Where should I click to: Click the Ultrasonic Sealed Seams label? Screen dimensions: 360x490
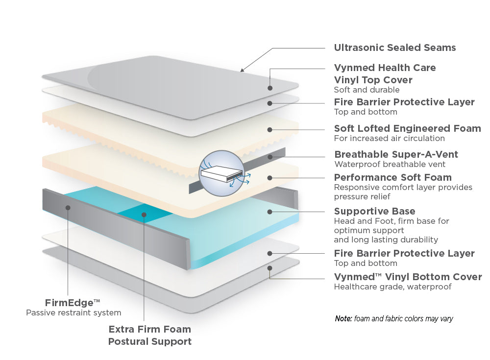click(394, 48)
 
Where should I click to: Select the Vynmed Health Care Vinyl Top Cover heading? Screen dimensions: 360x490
click(385, 73)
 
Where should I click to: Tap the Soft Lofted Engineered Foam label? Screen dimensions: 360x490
click(407, 128)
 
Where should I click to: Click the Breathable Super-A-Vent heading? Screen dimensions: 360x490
click(396, 154)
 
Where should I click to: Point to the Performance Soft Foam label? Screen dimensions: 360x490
click(392, 177)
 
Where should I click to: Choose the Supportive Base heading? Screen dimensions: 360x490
click(374, 211)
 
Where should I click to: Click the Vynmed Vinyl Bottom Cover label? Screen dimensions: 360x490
click(408, 277)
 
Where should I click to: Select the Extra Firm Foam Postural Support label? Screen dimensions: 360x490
click(149, 335)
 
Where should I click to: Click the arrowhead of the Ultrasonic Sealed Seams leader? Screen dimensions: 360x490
click(242, 71)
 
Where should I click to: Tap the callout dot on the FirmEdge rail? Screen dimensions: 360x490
click(68, 207)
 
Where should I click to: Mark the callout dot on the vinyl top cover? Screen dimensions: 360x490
click(269, 88)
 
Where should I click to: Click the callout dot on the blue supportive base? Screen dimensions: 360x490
click(269, 212)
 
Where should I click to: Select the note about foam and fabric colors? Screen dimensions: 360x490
click(394, 319)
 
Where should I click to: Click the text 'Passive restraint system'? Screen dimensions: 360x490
click(73, 312)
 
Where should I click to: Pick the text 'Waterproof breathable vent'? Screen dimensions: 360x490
click(390, 165)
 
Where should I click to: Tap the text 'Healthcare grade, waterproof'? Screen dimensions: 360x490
click(392, 287)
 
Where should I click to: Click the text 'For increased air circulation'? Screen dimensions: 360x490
click(389, 138)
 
